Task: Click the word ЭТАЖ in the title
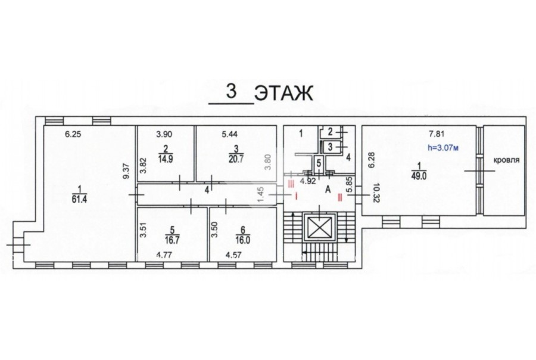coord(284,94)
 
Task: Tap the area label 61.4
coord(79,199)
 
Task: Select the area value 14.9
coord(166,159)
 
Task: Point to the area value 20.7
coord(236,159)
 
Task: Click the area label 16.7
coord(172,240)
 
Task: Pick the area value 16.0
coord(243,240)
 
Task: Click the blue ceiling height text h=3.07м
coord(442,148)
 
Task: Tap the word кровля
coord(506,160)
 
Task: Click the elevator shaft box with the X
coord(320,228)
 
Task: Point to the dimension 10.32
coord(376,193)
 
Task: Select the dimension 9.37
coord(126,172)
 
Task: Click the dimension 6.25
coord(73,135)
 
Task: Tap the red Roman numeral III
coord(291,184)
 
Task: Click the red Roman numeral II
coord(340,197)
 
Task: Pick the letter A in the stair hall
coord(328,190)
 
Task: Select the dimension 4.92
coord(308,181)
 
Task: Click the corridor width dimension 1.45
coord(261,194)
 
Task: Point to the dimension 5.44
coord(229,135)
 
